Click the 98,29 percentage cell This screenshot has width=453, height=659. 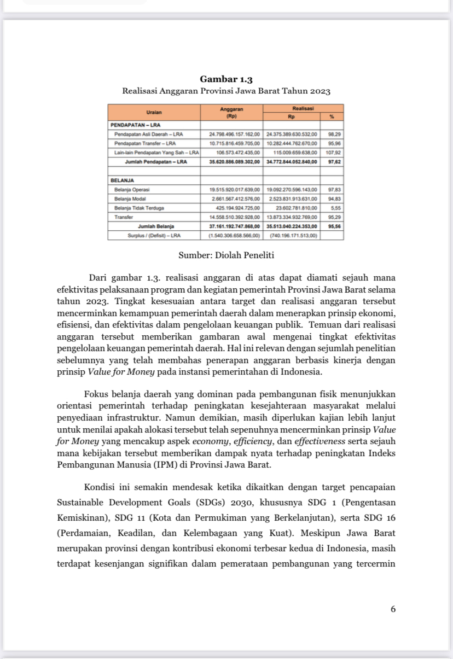click(x=332, y=133)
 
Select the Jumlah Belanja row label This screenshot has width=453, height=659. click(x=156, y=226)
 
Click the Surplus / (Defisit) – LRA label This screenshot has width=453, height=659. click(x=154, y=235)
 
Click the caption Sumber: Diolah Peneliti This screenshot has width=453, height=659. click(x=226, y=255)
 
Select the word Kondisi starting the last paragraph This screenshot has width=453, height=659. click(x=100, y=487)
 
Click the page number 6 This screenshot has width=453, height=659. click(x=393, y=609)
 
